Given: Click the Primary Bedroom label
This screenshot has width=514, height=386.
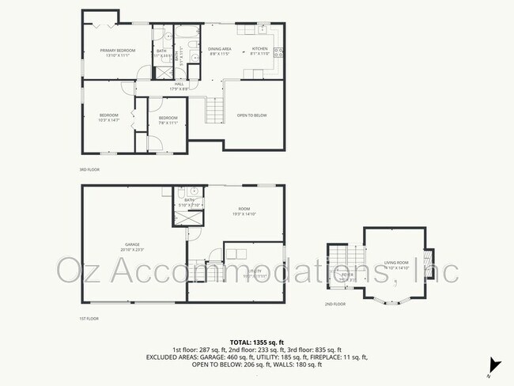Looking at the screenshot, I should (x=118, y=53).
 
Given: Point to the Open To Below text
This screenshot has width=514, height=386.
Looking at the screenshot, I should (x=252, y=115).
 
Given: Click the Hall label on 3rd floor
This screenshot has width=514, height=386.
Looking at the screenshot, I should (x=179, y=86).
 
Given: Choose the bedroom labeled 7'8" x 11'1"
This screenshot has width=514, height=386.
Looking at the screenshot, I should (x=168, y=120).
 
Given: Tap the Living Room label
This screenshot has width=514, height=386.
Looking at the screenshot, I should (x=396, y=266).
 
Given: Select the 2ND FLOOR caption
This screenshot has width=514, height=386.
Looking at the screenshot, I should (x=335, y=304).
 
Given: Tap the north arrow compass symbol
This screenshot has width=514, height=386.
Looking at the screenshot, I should (x=495, y=365).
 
